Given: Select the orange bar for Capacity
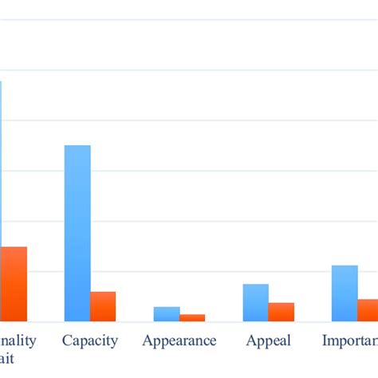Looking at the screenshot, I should [103, 306].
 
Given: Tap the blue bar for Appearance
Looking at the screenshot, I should [167, 313].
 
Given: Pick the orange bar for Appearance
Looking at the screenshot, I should [192, 317].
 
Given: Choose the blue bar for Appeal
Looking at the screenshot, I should [256, 302].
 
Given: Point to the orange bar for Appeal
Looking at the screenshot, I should [282, 312].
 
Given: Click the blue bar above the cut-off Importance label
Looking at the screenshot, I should [345, 293].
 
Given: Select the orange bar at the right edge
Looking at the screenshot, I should [368, 310].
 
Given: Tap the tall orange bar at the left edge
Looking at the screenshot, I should [14, 284].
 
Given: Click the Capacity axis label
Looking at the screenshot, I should [90, 341].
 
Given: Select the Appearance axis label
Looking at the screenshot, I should [179, 341].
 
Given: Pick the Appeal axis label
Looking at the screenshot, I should [269, 341].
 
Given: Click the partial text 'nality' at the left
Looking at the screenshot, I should [18, 341].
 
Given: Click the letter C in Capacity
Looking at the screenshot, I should [67, 341].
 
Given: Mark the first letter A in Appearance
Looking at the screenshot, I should [148, 341].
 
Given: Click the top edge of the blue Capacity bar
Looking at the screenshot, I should [77, 146].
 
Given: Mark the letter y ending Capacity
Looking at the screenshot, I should [114, 342].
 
